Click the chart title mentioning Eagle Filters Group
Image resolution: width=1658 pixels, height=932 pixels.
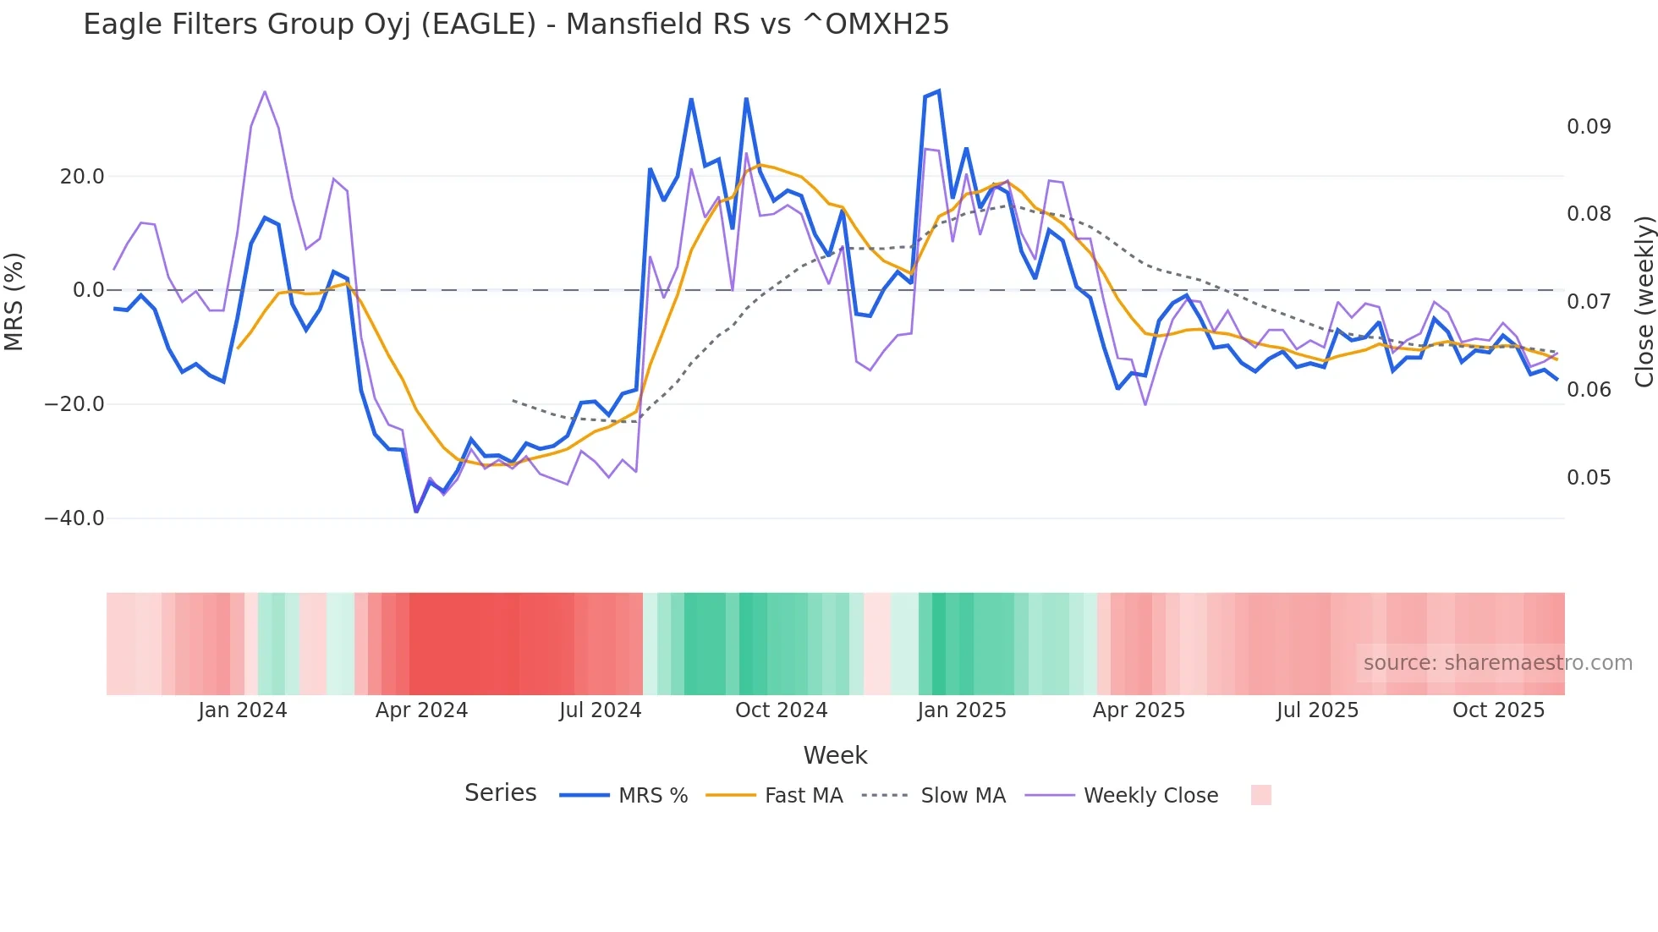[x=516, y=25]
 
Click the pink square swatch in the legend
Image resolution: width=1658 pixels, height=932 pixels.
[x=1260, y=795]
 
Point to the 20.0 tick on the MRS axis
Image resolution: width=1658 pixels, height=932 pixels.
[x=82, y=177]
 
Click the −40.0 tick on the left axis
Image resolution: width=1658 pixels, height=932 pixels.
[x=74, y=518]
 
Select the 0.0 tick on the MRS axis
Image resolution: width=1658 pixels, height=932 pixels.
[x=88, y=290]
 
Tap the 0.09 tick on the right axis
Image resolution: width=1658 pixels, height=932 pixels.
[x=1589, y=127]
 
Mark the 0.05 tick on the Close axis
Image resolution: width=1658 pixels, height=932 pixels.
[x=1589, y=478]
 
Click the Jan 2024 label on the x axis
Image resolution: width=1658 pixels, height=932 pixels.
[x=243, y=710]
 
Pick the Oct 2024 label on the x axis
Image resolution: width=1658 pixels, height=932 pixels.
[x=781, y=710]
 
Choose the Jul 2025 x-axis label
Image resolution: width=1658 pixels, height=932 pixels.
[x=1317, y=710]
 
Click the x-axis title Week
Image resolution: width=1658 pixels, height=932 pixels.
[x=835, y=755]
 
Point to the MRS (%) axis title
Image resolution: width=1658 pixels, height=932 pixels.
[x=14, y=301]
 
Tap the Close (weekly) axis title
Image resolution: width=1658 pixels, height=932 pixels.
[x=1644, y=301]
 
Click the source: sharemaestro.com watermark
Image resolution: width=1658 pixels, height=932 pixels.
[x=1497, y=663]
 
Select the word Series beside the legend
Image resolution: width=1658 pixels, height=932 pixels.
[x=500, y=793]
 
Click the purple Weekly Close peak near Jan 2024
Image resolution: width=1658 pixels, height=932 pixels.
[x=265, y=91]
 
